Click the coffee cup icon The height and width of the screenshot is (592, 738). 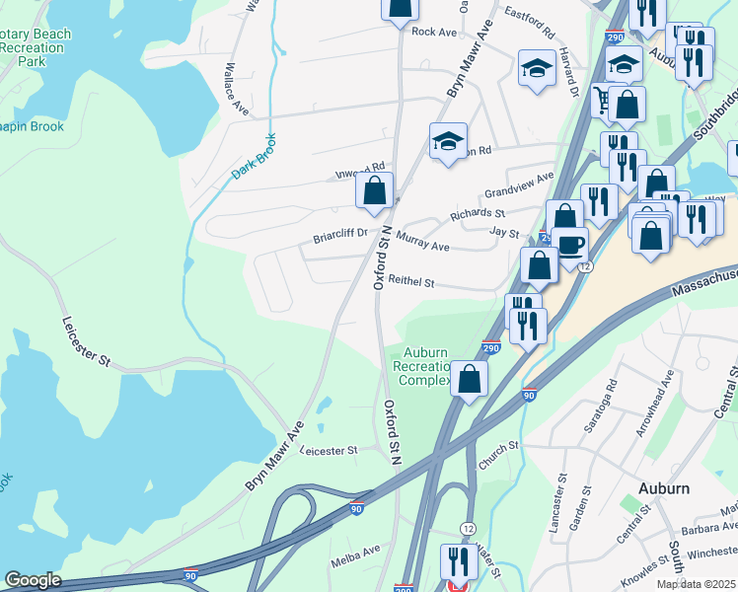[569, 244]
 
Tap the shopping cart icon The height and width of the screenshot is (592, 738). [601, 100]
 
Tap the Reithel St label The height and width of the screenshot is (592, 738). [410, 282]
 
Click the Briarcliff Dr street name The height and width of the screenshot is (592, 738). [340, 235]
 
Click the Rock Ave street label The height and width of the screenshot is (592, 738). [434, 32]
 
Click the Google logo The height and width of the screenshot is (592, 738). [33, 580]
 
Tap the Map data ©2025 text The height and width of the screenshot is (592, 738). [696, 584]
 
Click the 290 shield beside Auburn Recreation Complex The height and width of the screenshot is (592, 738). [491, 348]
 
